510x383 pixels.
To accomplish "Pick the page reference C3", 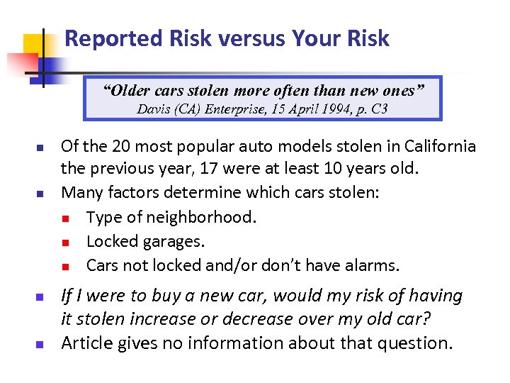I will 379,109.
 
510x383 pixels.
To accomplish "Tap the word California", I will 440,147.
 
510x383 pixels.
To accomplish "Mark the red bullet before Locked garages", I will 64,243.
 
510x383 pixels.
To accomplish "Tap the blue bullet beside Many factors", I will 40,194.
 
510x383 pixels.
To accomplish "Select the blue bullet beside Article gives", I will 40,345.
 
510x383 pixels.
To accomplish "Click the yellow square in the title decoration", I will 33,46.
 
